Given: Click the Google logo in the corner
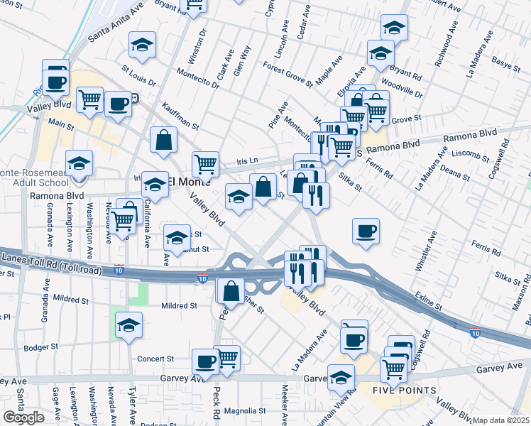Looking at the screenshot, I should [23, 417].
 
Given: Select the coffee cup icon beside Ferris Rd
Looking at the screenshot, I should [366, 231].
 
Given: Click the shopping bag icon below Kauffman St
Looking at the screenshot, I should [163, 139].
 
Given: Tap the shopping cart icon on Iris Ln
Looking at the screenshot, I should [205, 163].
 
